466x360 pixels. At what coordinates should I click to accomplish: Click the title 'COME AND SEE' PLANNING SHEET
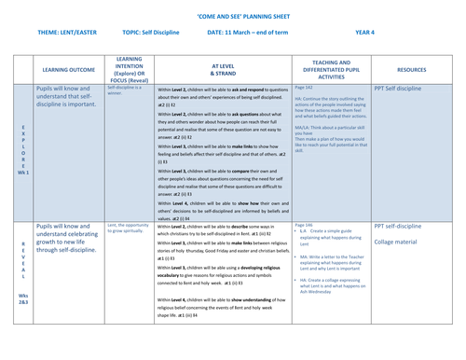(234, 17)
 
